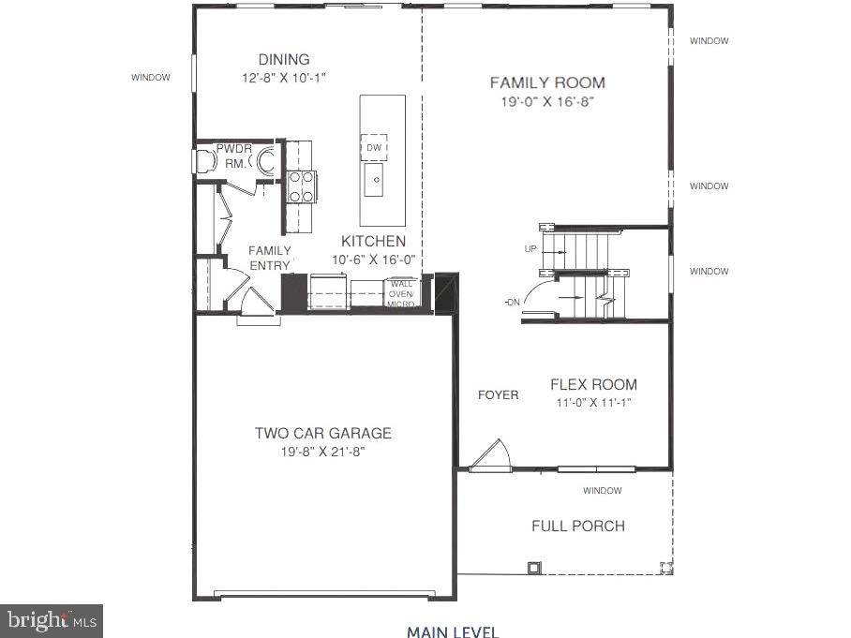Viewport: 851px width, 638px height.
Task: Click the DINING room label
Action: (x=284, y=60)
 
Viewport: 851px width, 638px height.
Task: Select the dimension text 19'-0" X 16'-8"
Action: (x=547, y=101)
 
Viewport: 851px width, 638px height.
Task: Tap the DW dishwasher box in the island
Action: (x=374, y=148)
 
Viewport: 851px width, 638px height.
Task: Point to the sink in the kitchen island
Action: (x=374, y=179)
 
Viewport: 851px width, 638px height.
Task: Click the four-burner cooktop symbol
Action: (x=301, y=186)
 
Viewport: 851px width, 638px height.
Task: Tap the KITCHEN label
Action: (x=373, y=241)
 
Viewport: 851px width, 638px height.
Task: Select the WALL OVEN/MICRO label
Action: (x=402, y=292)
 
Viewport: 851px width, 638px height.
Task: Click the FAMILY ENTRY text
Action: (x=269, y=259)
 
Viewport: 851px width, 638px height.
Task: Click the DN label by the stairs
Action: (x=512, y=302)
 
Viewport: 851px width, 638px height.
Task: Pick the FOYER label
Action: (x=498, y=394)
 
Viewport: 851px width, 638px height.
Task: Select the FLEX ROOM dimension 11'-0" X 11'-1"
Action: (x=593, y=404)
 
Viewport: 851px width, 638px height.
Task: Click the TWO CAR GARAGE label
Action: (x=323, y=433)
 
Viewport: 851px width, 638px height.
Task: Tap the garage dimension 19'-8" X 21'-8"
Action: (x=323, y=452)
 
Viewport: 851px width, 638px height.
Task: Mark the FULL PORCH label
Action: (x=577, y=526)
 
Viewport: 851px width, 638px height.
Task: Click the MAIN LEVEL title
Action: (x=453, y=632)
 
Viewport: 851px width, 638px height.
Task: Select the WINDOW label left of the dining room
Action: (x=150, y=78)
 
